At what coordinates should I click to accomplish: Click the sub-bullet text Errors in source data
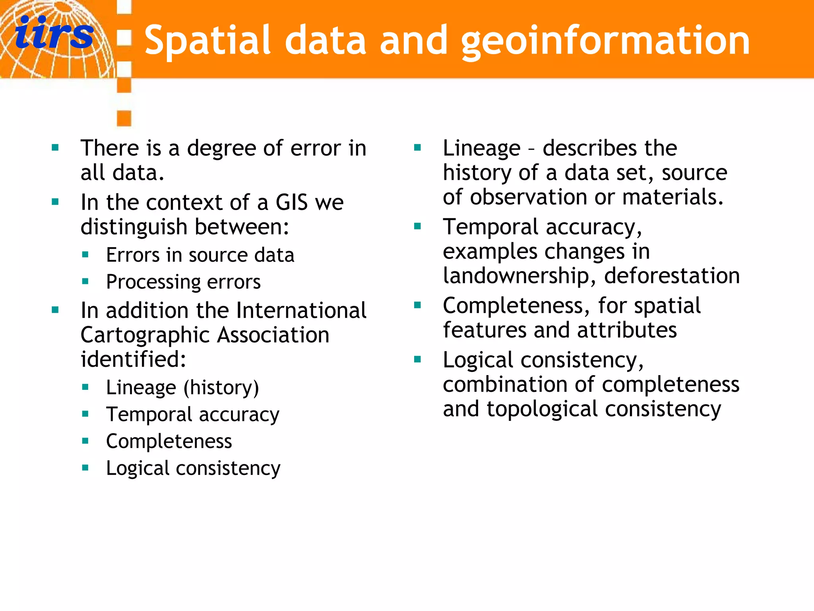(x=200, y=255)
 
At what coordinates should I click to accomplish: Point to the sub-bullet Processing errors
(x=183, y=282)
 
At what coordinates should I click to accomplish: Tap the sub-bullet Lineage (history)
(x=182, y=387)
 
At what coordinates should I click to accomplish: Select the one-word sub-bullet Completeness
(x=169, y=441)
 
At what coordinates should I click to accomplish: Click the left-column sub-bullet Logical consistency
(x=193, y=468)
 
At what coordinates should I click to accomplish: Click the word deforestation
(x=672, y=276)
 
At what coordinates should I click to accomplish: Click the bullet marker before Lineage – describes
(x=417, y=148)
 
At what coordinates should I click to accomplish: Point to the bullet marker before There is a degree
(x=55, y=148)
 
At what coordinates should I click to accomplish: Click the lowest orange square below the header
(x=124, y=118)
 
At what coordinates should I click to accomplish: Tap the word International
(x=302, y=310)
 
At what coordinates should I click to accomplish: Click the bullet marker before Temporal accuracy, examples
(x=417, y=227)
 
